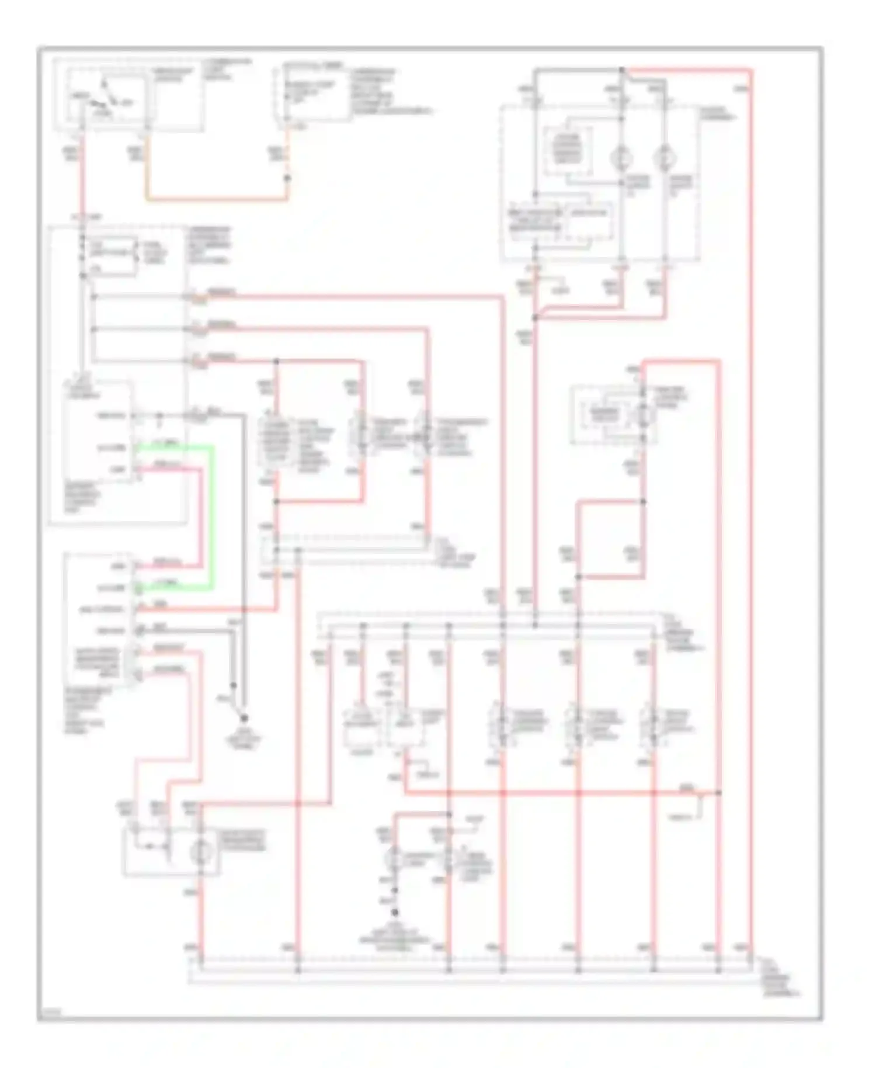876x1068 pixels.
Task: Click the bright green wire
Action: (x=211, y=514)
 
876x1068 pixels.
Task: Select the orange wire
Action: (x=216, y=199)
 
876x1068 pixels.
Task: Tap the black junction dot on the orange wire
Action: (x=287, y=176)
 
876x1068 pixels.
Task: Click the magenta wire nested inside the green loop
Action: (x=202, y=514)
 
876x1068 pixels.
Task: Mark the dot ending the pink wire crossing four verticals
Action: (x=719, y=793)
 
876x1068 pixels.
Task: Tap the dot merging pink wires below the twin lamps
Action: (x=535, y=318)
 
